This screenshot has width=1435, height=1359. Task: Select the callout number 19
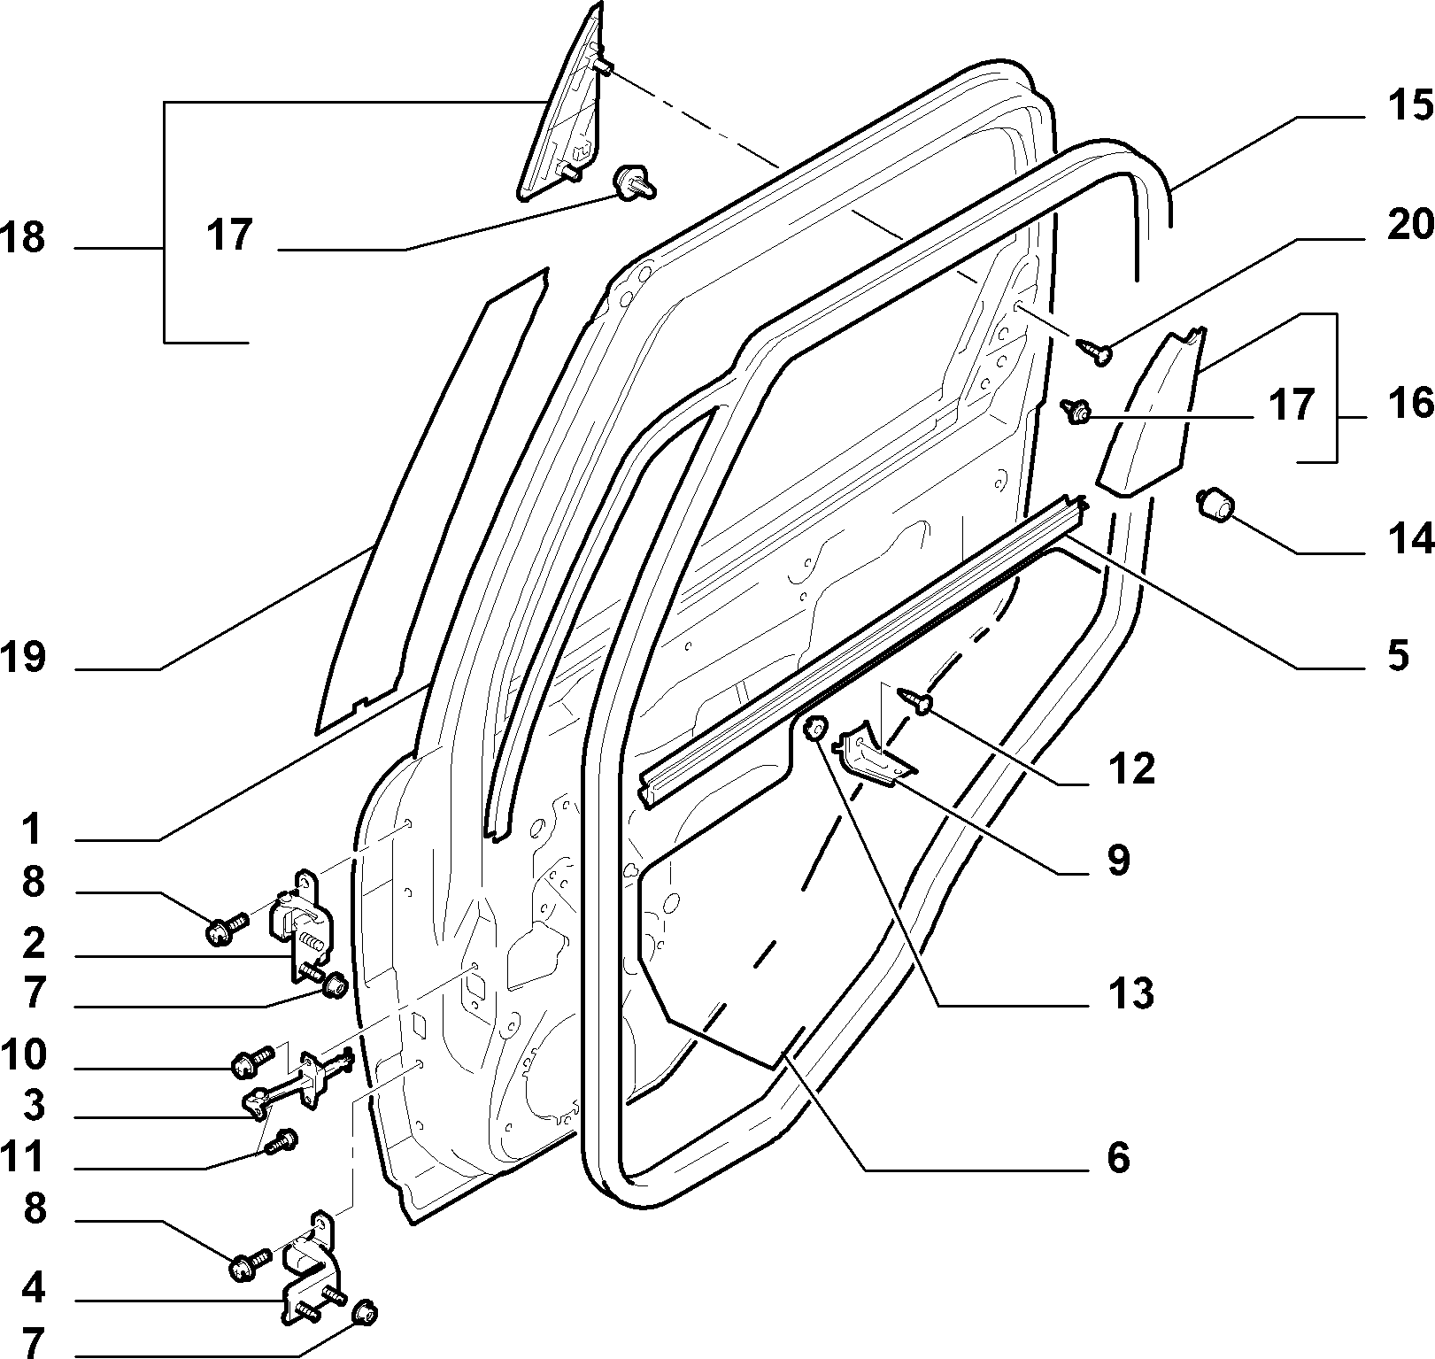tap(24, 659)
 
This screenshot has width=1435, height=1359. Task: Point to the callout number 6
tap(1119, 1157)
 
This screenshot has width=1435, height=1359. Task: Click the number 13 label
tap(1130, 993)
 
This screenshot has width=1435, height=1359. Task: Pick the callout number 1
tap(32, 830)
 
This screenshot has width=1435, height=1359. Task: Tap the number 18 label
tap(24, 239)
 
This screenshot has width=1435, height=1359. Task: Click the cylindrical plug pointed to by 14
tap(1215, 506)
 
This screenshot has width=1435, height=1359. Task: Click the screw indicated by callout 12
tap(917, 699)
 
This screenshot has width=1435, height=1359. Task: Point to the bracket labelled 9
tap(876, 753)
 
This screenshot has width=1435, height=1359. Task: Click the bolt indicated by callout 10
tap(251, 1062)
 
